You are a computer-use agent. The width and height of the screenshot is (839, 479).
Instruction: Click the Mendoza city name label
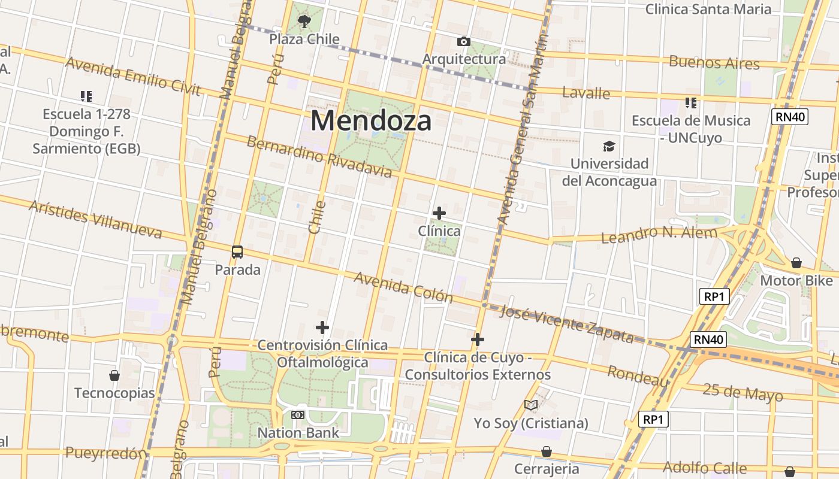pyautogui.click(x=371, y=121)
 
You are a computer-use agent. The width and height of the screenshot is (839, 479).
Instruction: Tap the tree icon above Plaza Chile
pyautogui.click(x=304, y=22)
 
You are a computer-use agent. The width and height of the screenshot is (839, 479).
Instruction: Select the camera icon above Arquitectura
pyautogui.click(x=463, y=41)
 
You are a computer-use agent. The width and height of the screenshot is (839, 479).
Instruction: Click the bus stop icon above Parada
pyautogui.click(x=237, y=251)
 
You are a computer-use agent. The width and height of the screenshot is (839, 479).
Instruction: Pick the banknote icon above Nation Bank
pyautogui.click(x=298, y=414)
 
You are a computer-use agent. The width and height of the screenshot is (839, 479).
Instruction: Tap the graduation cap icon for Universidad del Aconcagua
pyautogui.click(x=609, y=146)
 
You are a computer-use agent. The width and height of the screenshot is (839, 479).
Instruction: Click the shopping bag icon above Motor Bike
pyautogui.click(x=796, y=262)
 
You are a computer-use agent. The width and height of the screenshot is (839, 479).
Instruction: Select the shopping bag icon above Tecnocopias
pyautogui.click(x=114, y=375)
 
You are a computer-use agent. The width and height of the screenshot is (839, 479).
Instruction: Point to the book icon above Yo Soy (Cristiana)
pyautogui.click(x=531, y=405)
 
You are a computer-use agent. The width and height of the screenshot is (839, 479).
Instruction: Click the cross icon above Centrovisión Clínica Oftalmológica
pyautogui.click(x=322, y=328)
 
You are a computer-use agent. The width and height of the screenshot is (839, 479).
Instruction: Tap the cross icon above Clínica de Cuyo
pyautogui.click(x=478, y=339)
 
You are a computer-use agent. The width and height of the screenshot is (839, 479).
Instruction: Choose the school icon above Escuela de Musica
pyautogui.click(x=691, y=102)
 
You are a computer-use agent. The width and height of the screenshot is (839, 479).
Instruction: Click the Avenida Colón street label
pyautogui.click(x=403, y=287)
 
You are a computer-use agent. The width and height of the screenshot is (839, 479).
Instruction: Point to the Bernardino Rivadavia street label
pyautogui.click(x=319, y=157)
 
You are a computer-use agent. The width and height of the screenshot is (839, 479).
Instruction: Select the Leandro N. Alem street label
pyautogui.click(x=659, y=235)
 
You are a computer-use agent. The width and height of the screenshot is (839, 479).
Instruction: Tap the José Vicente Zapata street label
pyautogui.click(x=566, y=324)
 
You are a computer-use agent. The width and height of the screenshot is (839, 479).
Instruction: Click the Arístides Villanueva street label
pyautogui.click(x=95, y=219)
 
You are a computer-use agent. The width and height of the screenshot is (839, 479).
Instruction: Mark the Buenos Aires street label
pyautogui.click(x=714, y=62)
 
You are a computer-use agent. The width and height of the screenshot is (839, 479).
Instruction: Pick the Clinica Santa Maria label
pyautogui.click(x=708, y=9)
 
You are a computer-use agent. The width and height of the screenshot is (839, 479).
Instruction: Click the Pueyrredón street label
pyautogui.click(x=105, y=453)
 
